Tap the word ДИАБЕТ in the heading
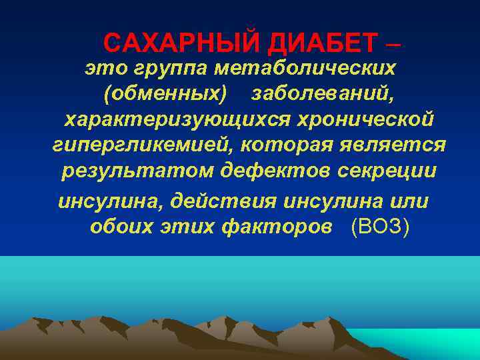[x=313, y=44]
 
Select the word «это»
[x=101, y=68]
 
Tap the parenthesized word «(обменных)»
[x=165, y=94]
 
